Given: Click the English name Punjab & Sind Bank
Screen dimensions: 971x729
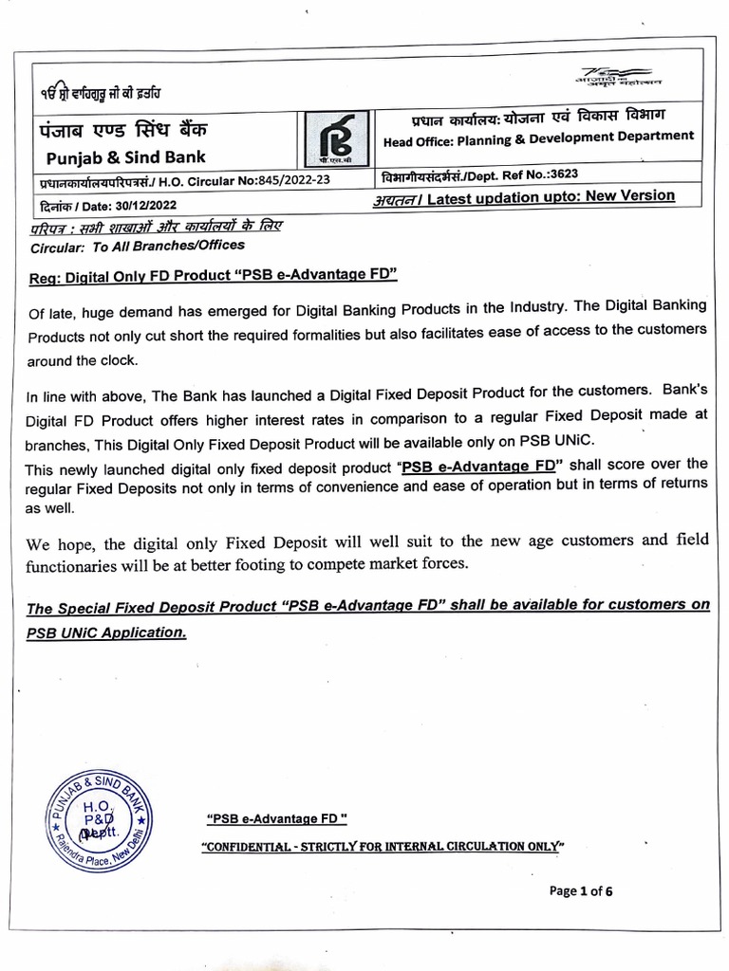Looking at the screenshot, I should pyautogui.click(x=125, y=156).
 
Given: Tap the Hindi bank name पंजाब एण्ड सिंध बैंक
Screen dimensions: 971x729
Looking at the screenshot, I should pyautogui.click(x=122, y=129).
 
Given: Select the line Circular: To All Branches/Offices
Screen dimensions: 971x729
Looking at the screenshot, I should pyautogui.click(x=137, y=246).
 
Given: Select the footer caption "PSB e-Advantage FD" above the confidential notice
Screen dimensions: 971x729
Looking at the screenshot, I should pyautogui.click(x=276, y=819).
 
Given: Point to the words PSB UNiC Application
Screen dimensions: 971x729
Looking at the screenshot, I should pyautogui.click(x=106, y=632).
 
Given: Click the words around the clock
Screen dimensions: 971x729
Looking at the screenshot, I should pyautogui.click(x=82, y=360).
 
